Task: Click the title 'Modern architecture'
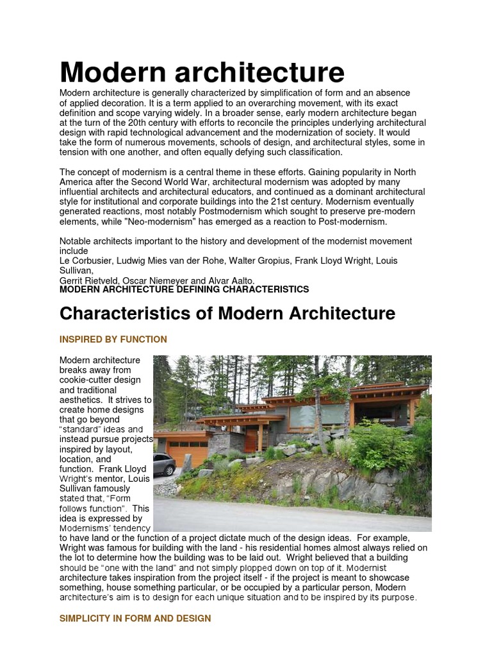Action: [x=202, y=72]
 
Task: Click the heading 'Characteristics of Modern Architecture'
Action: [x=227, y=314]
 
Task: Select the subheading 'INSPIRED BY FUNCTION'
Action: [x=113, y=339]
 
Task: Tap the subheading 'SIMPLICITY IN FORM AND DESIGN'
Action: [x=135, y=619]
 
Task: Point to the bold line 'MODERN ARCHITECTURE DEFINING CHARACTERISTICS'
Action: [x=184, y=289]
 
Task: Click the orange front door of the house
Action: [x=251, y=439]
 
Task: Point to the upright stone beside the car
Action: [x=188, y=463]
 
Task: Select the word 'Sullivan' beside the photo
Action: [x=78, y=489]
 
